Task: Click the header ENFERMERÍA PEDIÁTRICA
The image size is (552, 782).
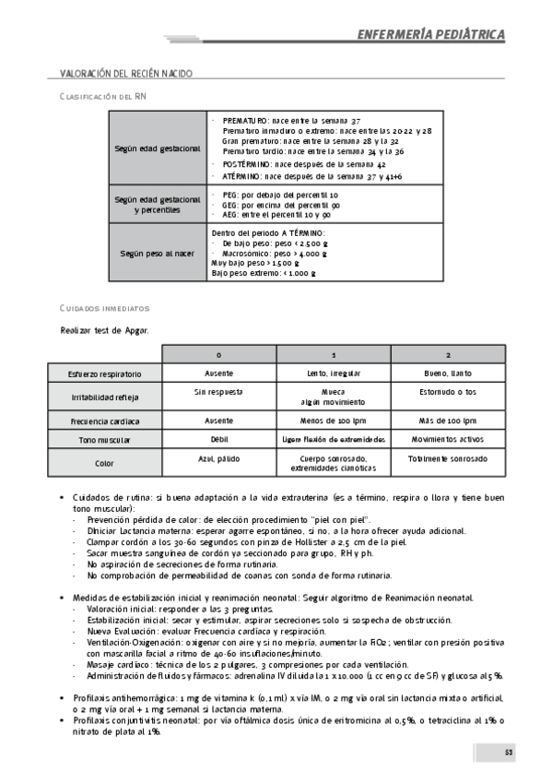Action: point(431,35)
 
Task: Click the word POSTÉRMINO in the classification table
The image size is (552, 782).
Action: point(247,163)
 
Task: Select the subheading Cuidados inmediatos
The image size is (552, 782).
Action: point(104,308)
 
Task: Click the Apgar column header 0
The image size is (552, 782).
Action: point(218,355)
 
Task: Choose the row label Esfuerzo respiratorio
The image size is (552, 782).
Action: point(104,374)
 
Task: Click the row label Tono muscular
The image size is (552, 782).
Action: point(104,441)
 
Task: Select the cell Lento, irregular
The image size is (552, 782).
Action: point(334,373)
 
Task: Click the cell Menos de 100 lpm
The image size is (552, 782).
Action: point(334,421)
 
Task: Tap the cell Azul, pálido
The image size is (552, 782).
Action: point(218,458)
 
